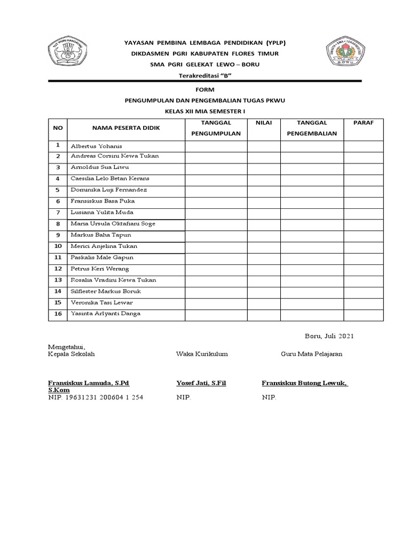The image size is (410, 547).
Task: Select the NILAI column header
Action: [x=264, y=123]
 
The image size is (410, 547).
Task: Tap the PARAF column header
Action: [x=364, y=123]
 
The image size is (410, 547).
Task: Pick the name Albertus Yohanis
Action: [x=96, y=146]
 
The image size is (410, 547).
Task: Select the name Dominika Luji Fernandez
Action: [x=109, y=190]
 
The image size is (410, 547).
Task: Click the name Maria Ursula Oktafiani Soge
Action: [x=113, y=224]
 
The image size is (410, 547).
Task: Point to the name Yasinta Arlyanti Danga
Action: [x=106, y=314]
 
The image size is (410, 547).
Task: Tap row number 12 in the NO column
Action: [x=58, y=269]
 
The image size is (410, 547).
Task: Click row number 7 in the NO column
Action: [x=58, y=213]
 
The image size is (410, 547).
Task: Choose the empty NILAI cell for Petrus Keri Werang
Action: [x=264, y=269]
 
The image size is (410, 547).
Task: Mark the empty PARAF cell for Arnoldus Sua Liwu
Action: [x=364, y=168]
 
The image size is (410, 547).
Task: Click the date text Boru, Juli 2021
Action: [x=329, y=336]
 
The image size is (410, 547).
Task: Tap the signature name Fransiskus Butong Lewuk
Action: [x=304, y=383]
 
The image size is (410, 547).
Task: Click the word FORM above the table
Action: [x=205, y=90]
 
